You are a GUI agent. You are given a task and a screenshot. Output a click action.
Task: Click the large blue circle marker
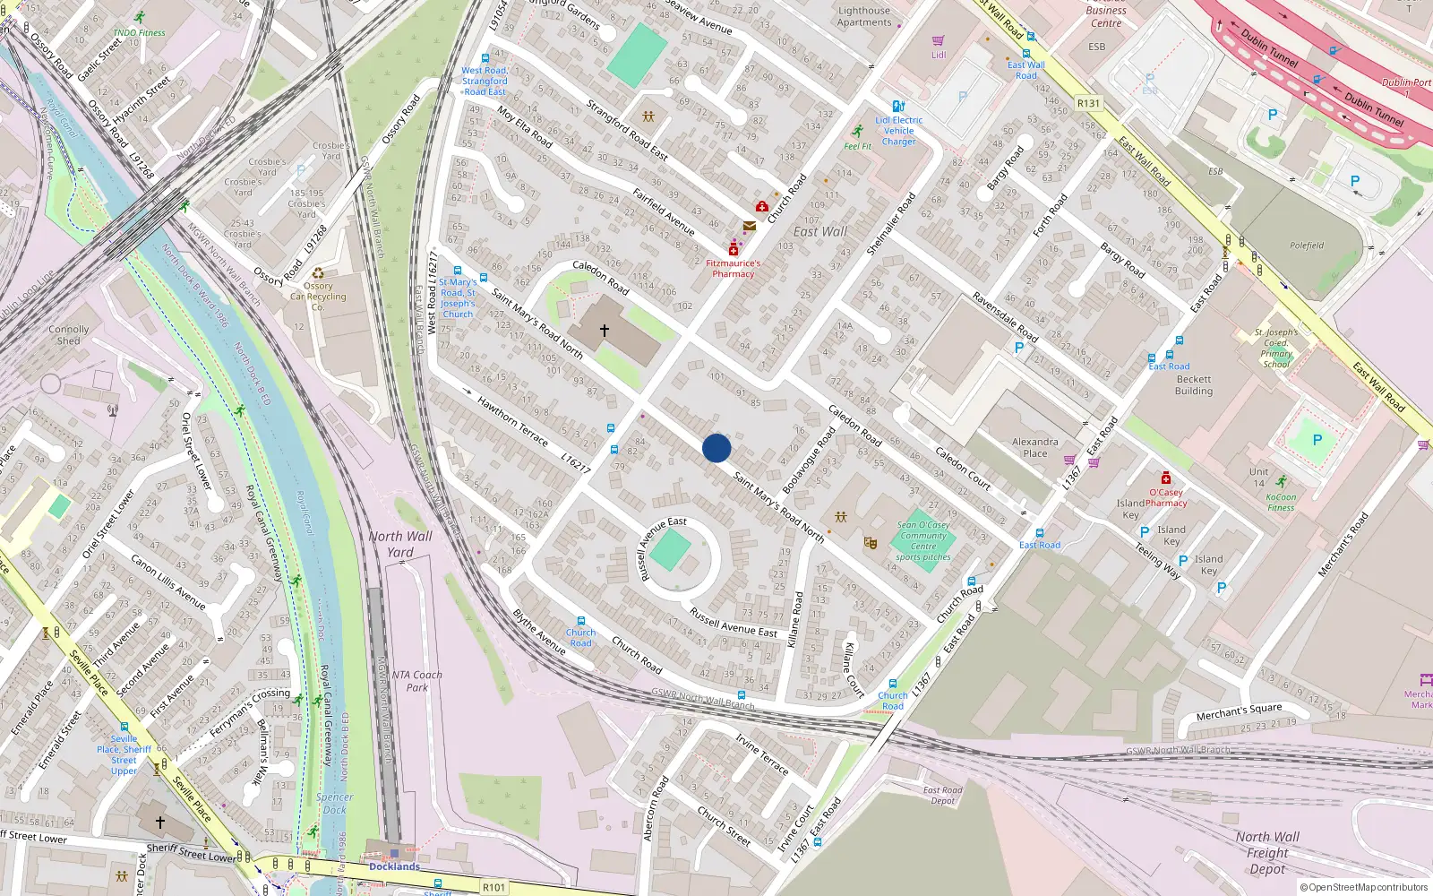click(716, 448)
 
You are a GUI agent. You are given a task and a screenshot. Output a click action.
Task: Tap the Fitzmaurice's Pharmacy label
click(733, 269)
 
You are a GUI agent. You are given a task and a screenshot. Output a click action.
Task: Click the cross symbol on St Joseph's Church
click(605, 331)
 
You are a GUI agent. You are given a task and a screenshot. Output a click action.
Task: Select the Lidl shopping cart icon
click(939, 41)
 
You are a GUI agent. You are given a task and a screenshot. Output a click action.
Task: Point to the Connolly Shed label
click(69, 335)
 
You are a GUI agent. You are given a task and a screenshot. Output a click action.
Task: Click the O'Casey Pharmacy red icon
click(1166, 478)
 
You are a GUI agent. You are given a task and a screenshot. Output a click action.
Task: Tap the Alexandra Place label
click(1034, 447)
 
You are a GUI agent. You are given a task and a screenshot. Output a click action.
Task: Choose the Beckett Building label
click(1194, 385)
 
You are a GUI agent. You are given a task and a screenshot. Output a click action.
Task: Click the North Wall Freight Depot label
click(1267, 852)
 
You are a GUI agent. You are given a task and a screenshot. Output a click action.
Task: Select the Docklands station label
click(394, 866)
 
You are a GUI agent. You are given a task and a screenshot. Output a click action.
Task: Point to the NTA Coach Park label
click(416, 681)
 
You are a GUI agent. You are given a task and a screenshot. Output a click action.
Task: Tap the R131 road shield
click(1088, 103)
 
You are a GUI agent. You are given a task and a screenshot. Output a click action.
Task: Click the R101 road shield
click(493, 887)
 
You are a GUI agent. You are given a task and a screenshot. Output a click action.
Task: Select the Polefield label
click(1307, 246)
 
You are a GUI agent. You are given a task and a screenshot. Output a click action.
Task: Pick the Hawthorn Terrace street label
click(512, 421)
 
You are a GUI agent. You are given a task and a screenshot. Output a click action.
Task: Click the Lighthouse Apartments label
click(864, 17)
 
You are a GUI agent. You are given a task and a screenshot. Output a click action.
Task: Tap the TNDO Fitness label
click(139, 33)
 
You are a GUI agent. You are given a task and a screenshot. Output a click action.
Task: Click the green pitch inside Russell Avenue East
click(670, 550)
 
